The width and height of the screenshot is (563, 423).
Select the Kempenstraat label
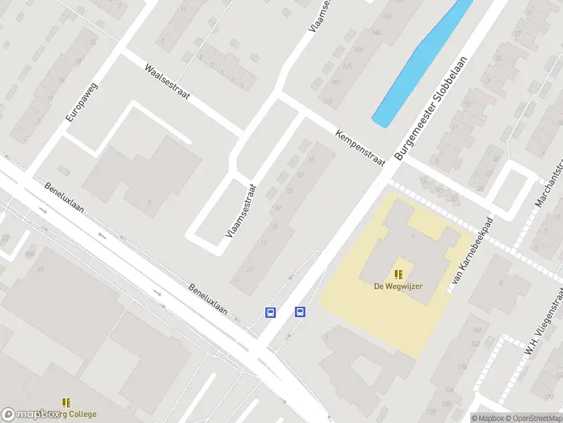tap(361, 147)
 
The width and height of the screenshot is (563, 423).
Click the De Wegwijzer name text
tap(398, 286)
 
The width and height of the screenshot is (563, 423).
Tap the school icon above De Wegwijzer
tap(398, 274)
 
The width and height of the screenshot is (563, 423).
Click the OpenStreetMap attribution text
tap(531, 417)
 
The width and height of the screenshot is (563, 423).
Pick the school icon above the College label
tap(67, 403)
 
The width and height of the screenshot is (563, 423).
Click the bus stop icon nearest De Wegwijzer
tap(300, 312)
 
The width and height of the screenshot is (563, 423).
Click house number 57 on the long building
tap(300, 175)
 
